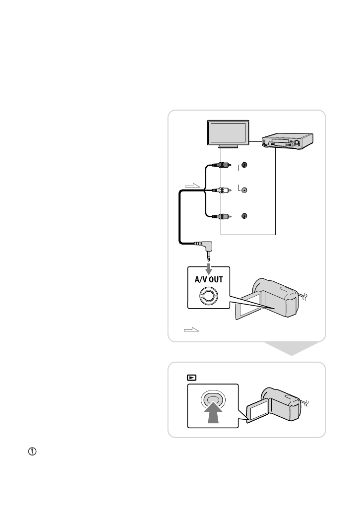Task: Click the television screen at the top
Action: tap(228, 133)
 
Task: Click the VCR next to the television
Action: tap(288, 141)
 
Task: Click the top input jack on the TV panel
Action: tap(244, 165)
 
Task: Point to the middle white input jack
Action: tap(244, 190)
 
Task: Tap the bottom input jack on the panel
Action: tap(244, 216)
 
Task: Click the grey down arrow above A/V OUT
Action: tap(209, 269)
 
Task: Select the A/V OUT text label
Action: tap(209, 279)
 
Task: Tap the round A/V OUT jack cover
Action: tap(209, 296)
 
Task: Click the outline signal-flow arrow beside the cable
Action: tap(192, 186)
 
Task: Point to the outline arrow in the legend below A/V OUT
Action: tap(191, 329)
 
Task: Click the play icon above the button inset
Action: tap(191, 378)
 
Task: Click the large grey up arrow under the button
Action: tap(213, 412)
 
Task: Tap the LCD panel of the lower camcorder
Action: tap(258, 411)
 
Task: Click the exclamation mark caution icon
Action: tap(32, 451)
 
